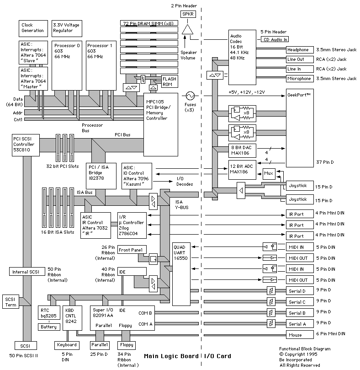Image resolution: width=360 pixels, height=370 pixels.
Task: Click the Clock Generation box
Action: point(33,28)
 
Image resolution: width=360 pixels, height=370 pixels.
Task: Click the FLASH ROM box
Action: point(168,81)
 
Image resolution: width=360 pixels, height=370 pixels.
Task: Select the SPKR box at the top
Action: point(188,14)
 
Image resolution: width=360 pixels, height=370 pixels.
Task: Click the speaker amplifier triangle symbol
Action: point(188,30)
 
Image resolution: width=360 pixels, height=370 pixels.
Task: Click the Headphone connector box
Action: point(299,50)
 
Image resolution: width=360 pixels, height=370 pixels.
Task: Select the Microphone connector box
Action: point(299,79)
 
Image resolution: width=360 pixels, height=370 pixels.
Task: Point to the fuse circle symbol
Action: point(190,96)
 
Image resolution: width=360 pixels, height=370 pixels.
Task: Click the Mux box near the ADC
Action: point(268,173)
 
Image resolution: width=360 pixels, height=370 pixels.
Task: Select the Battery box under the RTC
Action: point(49,327)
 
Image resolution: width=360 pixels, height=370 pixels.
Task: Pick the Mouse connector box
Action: point(299,335)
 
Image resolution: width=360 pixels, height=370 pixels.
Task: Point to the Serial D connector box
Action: point(299,291)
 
